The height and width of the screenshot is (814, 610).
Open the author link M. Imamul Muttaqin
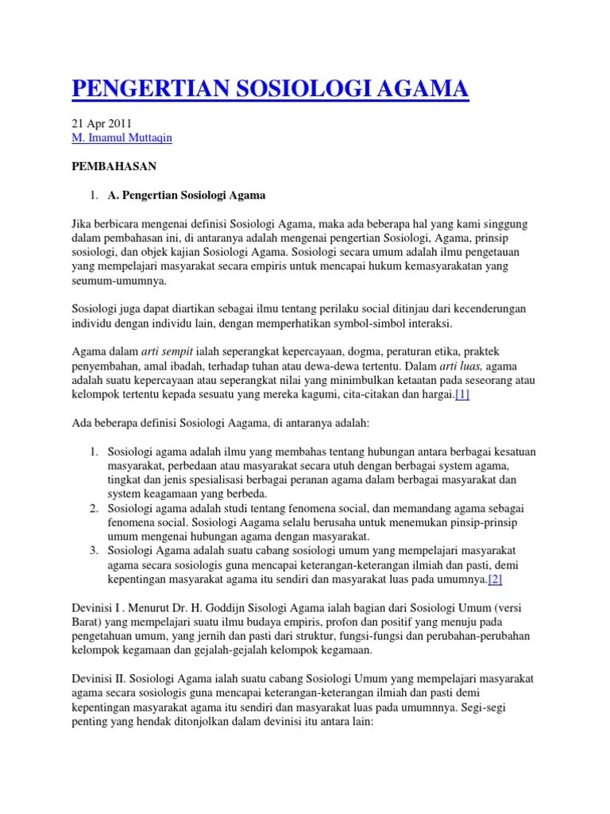(x=121, y=138)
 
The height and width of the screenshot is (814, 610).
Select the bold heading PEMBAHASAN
(x=114, y=166)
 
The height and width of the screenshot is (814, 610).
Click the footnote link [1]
(x=462, y=395)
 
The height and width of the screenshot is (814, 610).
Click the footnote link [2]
(x=496, y=579)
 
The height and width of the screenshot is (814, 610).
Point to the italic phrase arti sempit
(x=166, y=351)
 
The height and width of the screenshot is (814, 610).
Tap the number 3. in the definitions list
(x=94, y=549)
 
